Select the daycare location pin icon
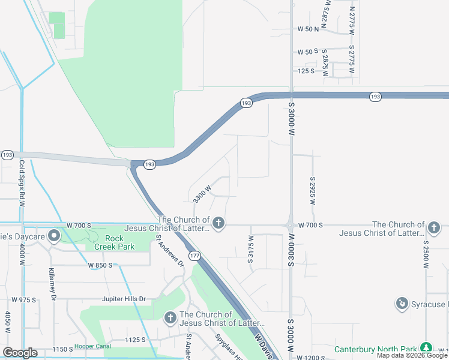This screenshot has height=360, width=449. click(x=54, y=235)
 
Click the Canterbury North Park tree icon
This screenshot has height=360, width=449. click(x=426, y=347)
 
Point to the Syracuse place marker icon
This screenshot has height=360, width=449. click(x=402, y=304)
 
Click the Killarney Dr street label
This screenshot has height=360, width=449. click(x=53, y=284)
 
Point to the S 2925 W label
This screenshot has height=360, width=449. click(x=313, y=191)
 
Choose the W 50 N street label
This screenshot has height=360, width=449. click(x=308, y=29)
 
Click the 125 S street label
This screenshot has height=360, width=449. click(x=306, y=71)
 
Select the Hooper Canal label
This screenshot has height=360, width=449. click(x=92, y=347)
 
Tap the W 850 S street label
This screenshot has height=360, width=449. click(x=101, y=265)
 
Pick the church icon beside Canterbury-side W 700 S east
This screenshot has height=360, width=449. click(x=434, y=227)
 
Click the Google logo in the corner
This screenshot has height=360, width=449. click(x=20, y=353)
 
